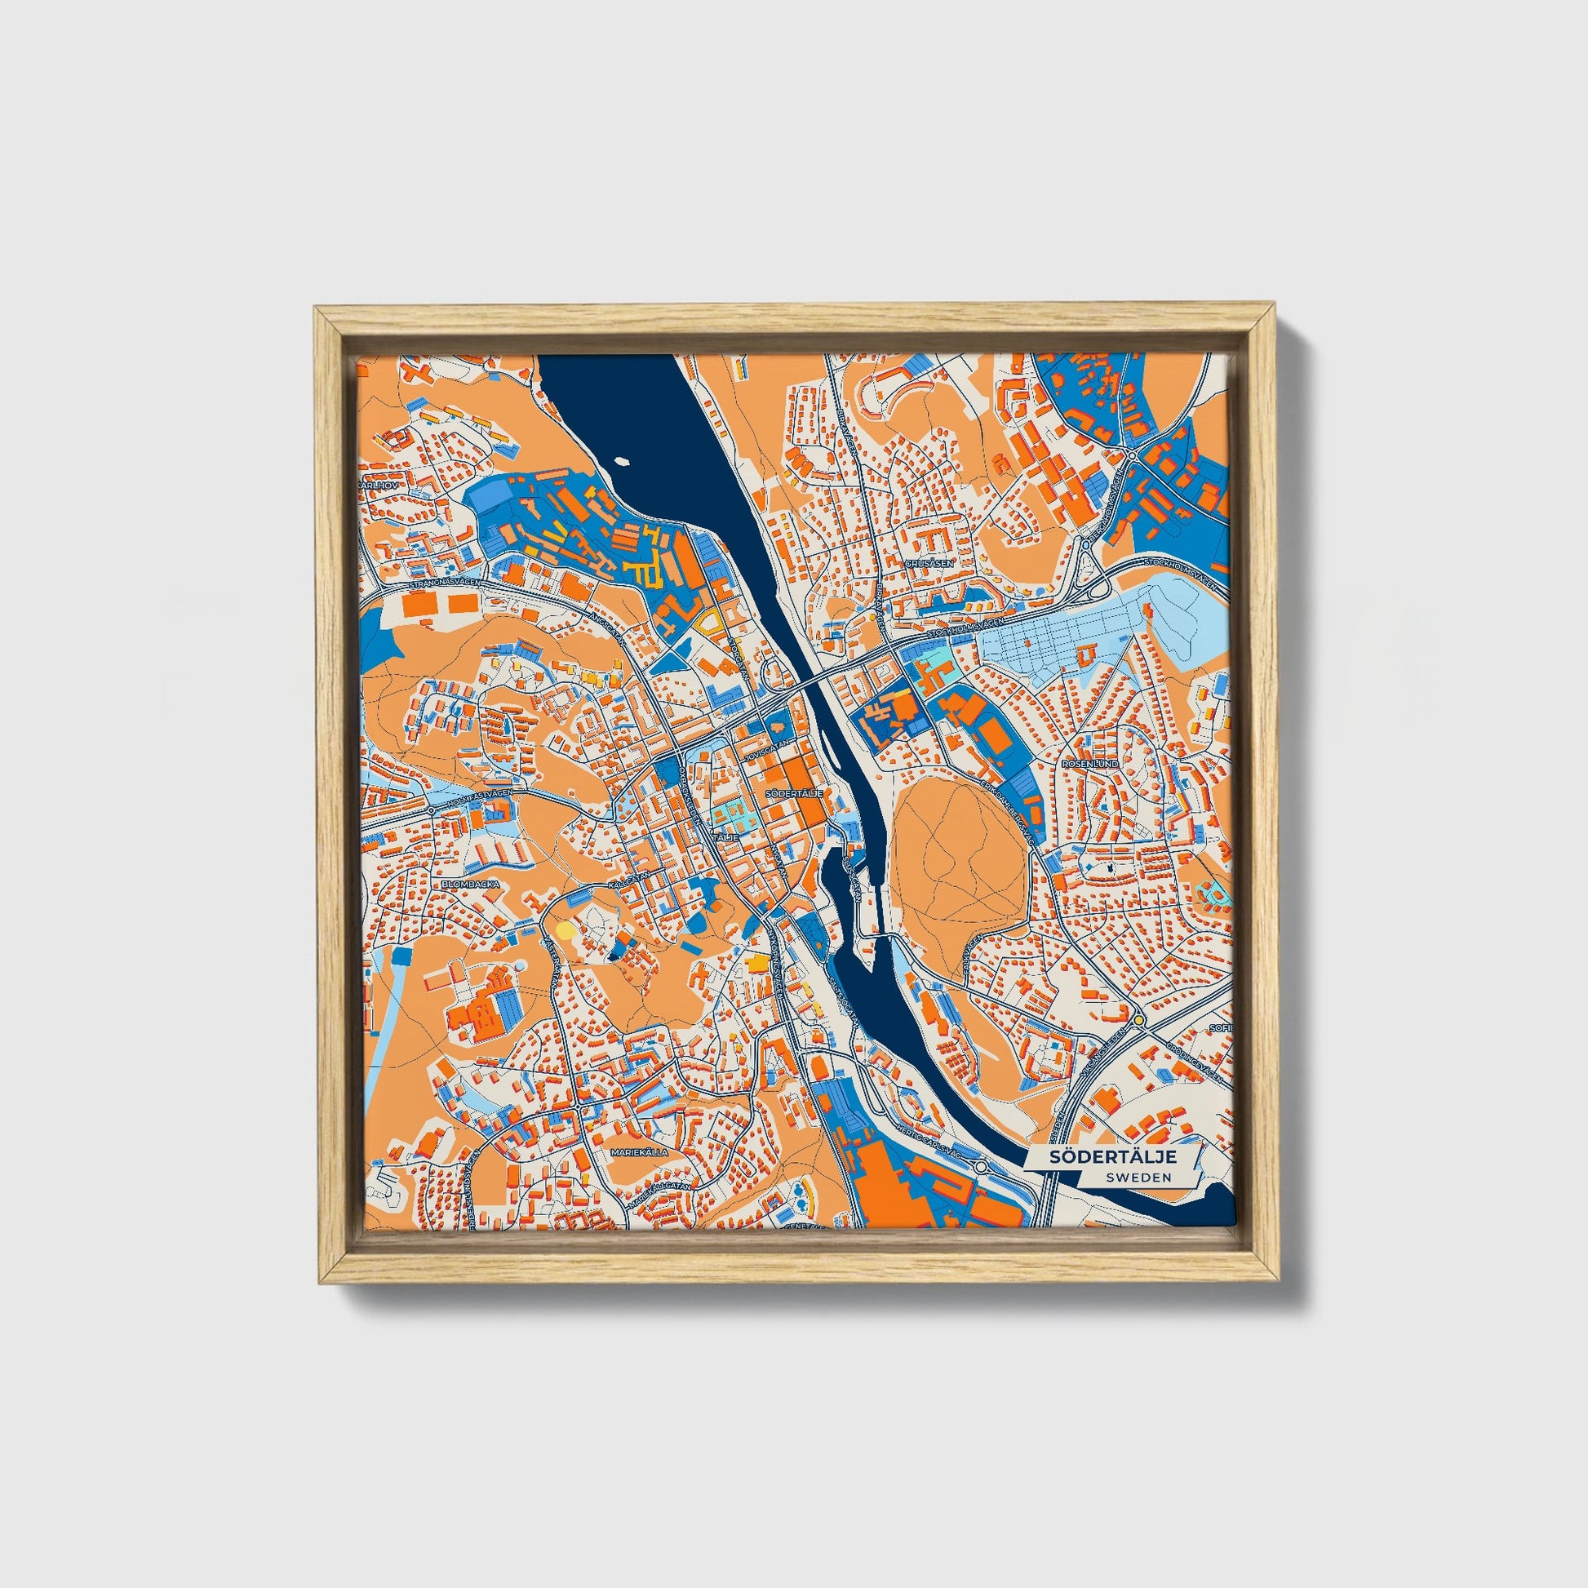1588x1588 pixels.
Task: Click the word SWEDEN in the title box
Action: [x=1138, y=1177]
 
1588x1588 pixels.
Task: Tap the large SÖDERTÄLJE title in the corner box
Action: [x=1113, y=1156]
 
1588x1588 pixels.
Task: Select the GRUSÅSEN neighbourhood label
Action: [x=929, y=564]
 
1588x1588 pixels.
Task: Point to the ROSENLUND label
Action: [x=1090, y=764]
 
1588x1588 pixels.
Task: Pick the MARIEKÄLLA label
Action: [x=639, y=1153]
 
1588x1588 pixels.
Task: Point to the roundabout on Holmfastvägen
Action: [x=431, y=810]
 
